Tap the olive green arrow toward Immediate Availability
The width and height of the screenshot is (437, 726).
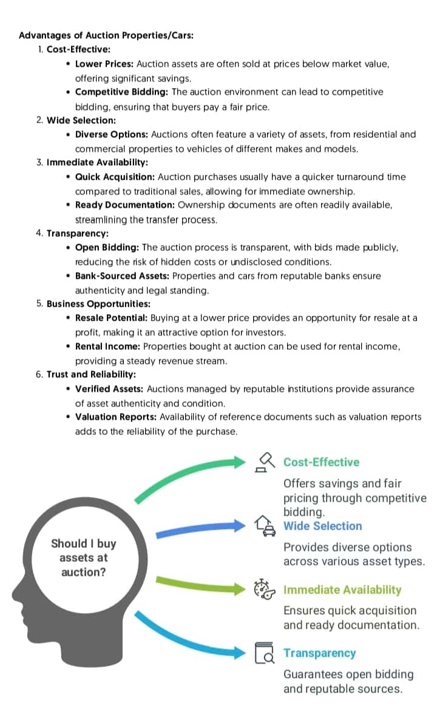[x=200, y=584]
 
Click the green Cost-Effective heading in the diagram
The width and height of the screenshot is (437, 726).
[x=321, y=462]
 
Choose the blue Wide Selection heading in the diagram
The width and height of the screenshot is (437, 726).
[x=322, y=526]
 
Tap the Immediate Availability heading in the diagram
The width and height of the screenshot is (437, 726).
[x=342, y=590]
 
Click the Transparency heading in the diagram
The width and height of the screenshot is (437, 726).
[x=319, y=653]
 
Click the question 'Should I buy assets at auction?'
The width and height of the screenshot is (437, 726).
[x=83, y=557]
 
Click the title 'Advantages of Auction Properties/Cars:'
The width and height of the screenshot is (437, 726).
[x=106, y=35]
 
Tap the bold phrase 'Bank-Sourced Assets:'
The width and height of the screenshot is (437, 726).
[x=122, y=276]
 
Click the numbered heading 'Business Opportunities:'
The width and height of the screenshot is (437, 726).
[x=98, y=304]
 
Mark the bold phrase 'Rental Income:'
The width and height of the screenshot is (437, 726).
[x=107, y=346]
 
